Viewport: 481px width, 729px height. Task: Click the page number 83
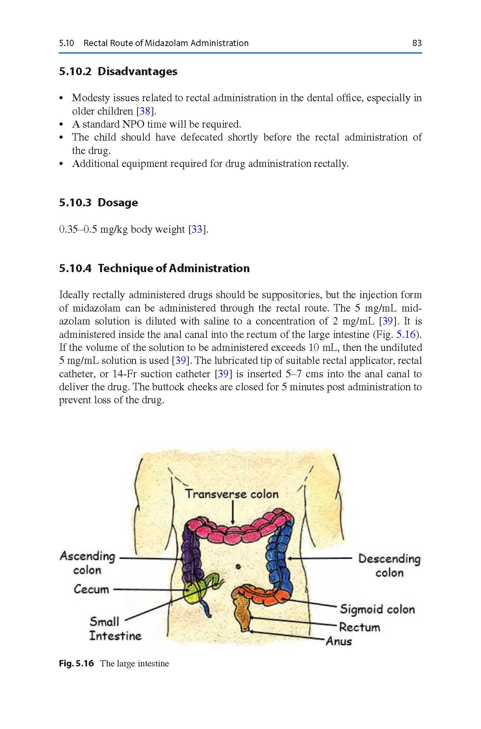pos(417,43)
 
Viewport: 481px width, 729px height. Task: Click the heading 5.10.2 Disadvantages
pos(118,72)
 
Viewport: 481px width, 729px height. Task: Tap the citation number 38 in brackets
pos(145,111)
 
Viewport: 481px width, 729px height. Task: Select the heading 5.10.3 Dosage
pos(98,203)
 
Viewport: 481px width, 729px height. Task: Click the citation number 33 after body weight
pos(197,229)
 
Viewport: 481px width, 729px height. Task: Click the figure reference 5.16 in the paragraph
pos(406,334)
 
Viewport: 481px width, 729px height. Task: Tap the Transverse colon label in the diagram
pos(232,494)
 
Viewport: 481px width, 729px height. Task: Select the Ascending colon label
pos(87,563)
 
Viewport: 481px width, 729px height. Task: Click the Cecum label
pos(91,589)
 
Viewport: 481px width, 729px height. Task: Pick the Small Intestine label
pos(115,629)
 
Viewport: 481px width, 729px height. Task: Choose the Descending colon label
pos(389,565)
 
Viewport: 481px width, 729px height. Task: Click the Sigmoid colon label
pos(377,609)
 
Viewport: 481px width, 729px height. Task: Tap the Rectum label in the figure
pos(359,627)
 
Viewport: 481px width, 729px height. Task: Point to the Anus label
pos(339,641)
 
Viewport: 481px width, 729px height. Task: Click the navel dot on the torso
pos(238,567)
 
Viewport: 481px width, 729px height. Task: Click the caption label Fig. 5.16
pos(76,664)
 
